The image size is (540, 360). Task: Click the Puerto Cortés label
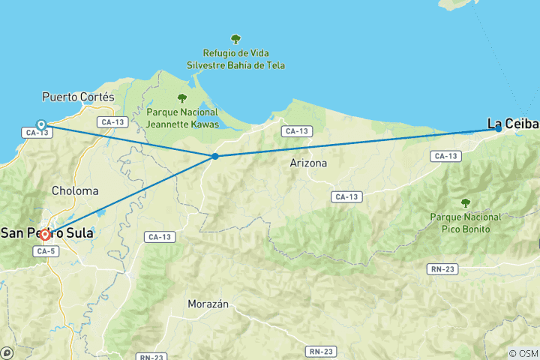tap(78, 97)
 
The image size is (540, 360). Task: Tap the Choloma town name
tap(74, 191)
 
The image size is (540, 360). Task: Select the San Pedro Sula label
tap(46, 233)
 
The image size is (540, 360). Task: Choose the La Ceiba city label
tap(514, 123)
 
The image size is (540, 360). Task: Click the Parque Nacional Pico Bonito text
tap(465, 223)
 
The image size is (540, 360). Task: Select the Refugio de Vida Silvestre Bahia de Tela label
tap(235, 59)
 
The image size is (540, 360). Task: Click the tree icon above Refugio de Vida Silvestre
tap(235, 39)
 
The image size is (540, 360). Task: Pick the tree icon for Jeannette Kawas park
tap(181, 97)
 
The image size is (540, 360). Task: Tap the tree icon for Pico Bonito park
tap(465, 202)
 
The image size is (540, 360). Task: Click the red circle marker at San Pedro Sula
tap(45, 235)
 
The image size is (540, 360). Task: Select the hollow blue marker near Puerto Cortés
tap(41, 124)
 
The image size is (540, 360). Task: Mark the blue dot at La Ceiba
tap(499, 128)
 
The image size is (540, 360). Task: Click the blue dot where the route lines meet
tap(215, 156)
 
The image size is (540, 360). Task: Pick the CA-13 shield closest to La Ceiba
tap(445, 156)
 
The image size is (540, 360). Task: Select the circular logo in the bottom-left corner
tap(7, 352)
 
